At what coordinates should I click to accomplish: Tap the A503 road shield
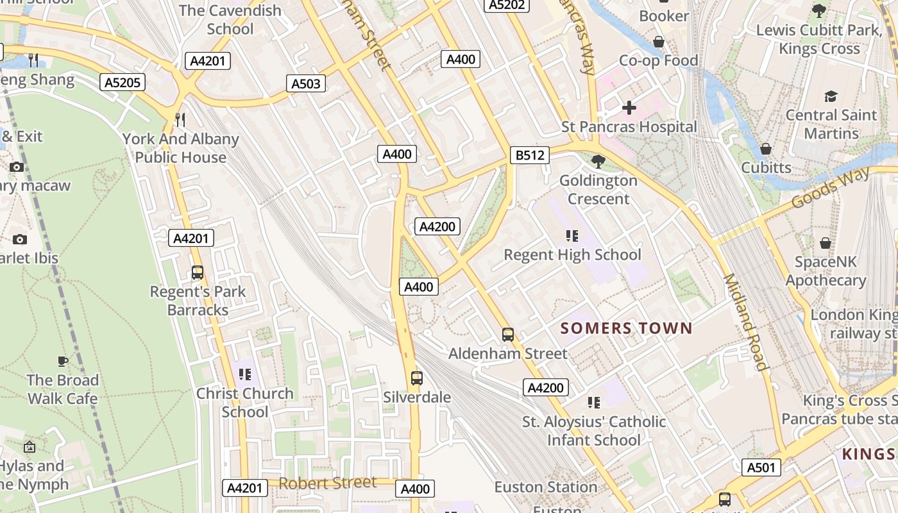pos(305,83)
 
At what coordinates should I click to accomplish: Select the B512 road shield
pos(530,155)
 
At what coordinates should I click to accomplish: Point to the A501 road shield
pos(761,467)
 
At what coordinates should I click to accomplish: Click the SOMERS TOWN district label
pos(626,328)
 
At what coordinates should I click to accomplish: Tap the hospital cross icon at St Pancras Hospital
pos(629,107)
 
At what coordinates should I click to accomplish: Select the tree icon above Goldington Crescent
pos(598,161)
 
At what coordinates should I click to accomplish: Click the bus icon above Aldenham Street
pos(508,334)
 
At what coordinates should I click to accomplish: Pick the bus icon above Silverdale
pos(417,378)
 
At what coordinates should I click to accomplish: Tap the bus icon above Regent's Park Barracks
pos(198,273)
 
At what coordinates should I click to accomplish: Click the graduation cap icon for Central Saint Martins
pos(831,96)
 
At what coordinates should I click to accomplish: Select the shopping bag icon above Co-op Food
pos(659,42)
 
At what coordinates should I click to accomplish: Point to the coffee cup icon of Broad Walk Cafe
pos(63,360)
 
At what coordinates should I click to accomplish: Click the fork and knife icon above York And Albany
pos(181,119)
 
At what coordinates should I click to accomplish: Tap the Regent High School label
pos(572,255)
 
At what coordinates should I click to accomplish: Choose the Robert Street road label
pos(327,483)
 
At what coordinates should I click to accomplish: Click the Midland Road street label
pos(745,322)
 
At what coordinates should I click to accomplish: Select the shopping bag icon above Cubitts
pos(766,149)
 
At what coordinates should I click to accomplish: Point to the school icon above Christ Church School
pos(244,374)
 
